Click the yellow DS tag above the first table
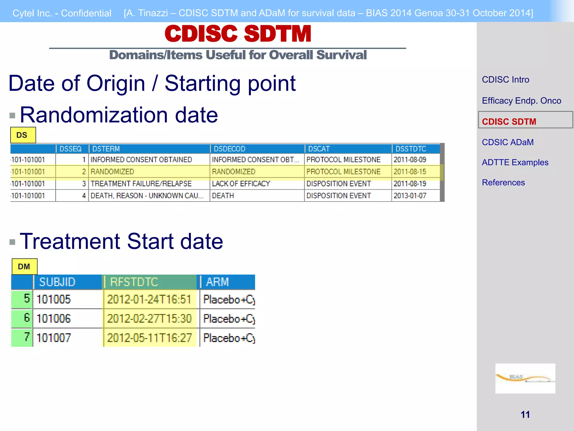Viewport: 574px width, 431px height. (x=23, y=135)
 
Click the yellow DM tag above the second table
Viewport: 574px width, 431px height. (x=24, y=266)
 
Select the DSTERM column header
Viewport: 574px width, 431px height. (x=106, y=149)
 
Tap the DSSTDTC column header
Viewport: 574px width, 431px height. (x=411, y=149)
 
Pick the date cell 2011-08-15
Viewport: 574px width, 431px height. (x=410, y=171)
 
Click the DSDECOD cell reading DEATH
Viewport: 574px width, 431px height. (x=223, y=196)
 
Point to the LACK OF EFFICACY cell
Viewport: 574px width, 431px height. (x=241, y=184)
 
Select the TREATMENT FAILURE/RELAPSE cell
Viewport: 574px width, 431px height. (x=141, y=184)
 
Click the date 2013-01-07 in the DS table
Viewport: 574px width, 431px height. (x=410, y=196)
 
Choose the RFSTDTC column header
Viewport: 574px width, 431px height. (x=134, y=282)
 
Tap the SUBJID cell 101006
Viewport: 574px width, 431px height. (x=54, y=318)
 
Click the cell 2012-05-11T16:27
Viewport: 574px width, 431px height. (x=149, y=338)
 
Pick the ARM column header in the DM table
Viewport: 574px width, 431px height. (x=217, y=282)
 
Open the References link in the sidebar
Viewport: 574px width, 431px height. (x=503, y=183)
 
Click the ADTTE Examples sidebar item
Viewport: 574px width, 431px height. (x=515, y=162)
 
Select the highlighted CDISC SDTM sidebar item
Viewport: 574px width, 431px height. (x=509, y=121)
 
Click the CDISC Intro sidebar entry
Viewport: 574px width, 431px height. (x=506, y=80)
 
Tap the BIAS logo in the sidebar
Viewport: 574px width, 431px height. (x=525, y=378)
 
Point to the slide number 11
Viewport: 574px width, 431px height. (x=525, y=414)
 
